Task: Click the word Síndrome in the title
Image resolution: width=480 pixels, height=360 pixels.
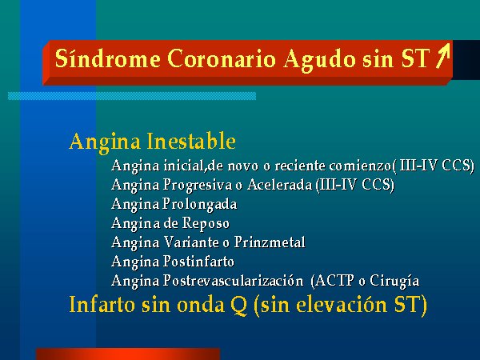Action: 107,58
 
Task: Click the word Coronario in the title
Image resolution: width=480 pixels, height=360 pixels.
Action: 222,58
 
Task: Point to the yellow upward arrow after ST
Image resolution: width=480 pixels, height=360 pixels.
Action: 443,55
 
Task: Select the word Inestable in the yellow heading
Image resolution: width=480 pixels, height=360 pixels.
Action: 191,141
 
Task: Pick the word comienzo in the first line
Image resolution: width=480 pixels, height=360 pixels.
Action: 360,166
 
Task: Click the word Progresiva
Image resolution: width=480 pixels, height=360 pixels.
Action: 198,186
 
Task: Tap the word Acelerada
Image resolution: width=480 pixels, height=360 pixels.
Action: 280,185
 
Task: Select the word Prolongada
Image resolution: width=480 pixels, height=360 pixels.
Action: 199,205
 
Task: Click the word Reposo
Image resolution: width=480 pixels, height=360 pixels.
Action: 206,224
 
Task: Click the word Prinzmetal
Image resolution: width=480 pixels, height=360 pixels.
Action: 270,242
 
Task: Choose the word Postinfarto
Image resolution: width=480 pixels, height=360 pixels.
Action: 198,262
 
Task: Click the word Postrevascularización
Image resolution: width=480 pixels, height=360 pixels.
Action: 233,281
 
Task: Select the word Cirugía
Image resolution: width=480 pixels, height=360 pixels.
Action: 394,282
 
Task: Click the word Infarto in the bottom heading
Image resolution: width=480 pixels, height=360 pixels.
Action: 102,304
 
